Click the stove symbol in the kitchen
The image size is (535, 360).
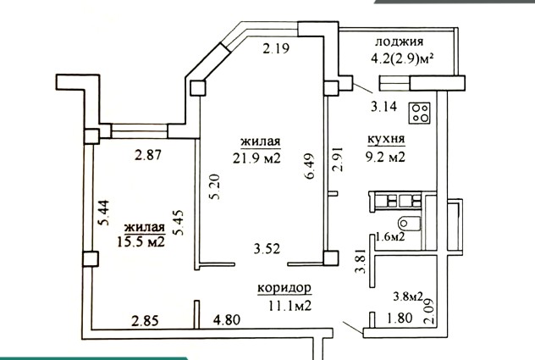[419, 113]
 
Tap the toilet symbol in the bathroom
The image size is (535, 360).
[409, 224]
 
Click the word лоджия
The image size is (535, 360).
[400, 42]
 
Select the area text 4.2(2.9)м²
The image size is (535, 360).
[402, 58]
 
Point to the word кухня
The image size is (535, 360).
[386, 139]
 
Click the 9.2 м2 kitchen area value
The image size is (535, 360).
[385, 157]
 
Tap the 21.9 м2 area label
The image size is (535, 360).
[256, 158]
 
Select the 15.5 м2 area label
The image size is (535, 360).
[141, 241]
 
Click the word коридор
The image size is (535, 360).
[284, 288]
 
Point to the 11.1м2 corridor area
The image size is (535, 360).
[290, 305]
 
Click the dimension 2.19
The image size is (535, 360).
[276, 49]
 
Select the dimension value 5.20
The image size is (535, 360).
[216, 186]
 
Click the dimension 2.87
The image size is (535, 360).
[148, 155]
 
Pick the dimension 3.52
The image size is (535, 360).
[267, 248]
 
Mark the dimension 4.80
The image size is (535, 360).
[227, 320]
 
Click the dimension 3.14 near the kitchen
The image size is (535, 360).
[383, 107]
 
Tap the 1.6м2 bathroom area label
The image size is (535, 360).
[390, 236]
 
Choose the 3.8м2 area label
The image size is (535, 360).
[408, 296]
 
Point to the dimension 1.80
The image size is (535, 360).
[400, 318]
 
